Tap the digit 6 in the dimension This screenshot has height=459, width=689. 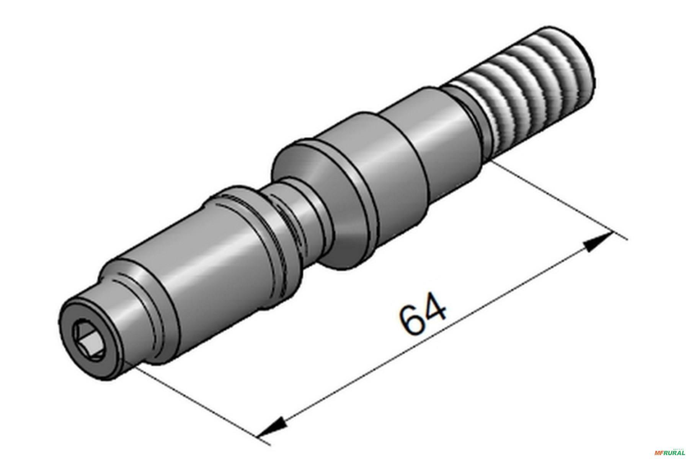click(x=411, y=320)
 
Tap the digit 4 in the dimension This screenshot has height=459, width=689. click(x=435, y=307)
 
